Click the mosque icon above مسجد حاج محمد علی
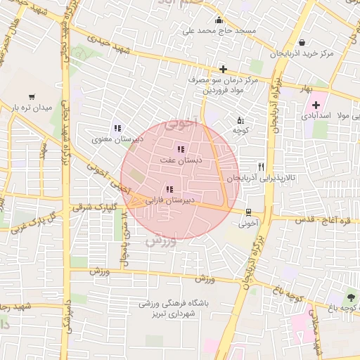point(219,20)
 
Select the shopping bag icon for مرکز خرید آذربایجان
point(302,42)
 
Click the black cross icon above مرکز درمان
point(224,69)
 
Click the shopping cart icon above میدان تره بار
point(32,96)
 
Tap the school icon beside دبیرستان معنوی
point(117,128)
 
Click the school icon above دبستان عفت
point(181,149)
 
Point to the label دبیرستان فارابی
point(169,200)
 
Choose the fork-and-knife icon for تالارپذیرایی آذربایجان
point(262,167)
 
